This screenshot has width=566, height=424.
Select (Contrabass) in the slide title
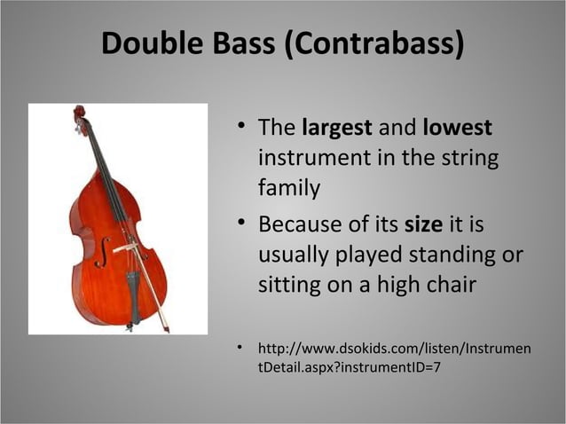coord(373,44)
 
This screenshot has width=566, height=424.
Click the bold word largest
coord(337,128)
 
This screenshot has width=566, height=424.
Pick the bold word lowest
coord(457,128)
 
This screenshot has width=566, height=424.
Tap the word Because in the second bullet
coord(301,224)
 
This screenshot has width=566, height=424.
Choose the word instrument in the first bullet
coord(310,158)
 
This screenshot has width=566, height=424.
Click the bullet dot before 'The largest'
coord(240,128)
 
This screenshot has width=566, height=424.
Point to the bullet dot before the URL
coord(240,348)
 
